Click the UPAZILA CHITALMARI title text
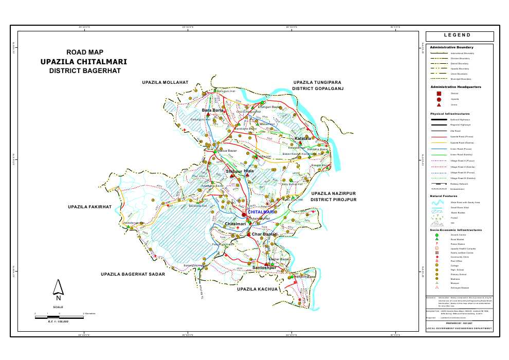(x=84, y=62)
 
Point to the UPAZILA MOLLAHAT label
(x=166, y=82)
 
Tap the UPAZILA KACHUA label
(x=258, y=290)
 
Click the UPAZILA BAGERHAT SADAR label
(x=133, y=275)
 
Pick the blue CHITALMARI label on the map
(x=261, y=212)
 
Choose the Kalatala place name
(x=303, y=139)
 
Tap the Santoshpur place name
(x=264, y=268)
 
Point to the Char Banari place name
(x=264, y=235)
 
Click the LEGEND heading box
(x=459, y=35)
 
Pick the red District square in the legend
(x=439, y=93)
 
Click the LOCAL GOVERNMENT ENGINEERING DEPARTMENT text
(x=459, y=328)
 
